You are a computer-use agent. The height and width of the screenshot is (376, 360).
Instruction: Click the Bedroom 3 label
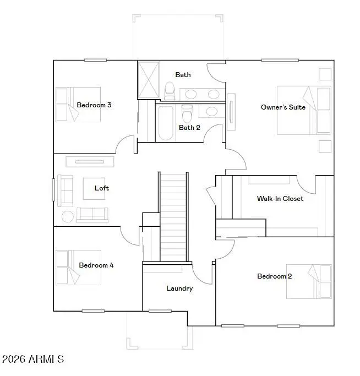click(x=94, y=105)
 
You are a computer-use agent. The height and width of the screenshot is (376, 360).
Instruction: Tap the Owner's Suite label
click(x=283, y=107)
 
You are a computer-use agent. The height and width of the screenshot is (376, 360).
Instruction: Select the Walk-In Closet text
click(x=280, y=198)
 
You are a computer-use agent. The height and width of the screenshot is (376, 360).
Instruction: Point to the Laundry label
click(x=179, y=288)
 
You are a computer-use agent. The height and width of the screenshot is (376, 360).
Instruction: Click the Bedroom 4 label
click(x=96, y=265)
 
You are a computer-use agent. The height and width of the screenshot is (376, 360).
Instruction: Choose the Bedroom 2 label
click(x=275, y=276)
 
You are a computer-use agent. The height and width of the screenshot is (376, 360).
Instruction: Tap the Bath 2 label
click(x=189, y=127)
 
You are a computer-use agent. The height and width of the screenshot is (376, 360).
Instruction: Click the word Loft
click(x=102, y=188)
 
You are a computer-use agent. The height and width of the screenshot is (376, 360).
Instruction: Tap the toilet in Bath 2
click(x=187, y=113)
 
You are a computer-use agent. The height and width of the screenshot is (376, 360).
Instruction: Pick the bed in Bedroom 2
click(x=309, y=281)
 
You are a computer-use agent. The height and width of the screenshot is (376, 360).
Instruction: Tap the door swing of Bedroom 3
click(x=126, y=145)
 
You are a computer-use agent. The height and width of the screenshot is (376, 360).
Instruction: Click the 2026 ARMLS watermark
click(x=33, y=359)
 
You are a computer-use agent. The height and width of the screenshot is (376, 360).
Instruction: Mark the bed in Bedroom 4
click(x=78, y=267)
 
